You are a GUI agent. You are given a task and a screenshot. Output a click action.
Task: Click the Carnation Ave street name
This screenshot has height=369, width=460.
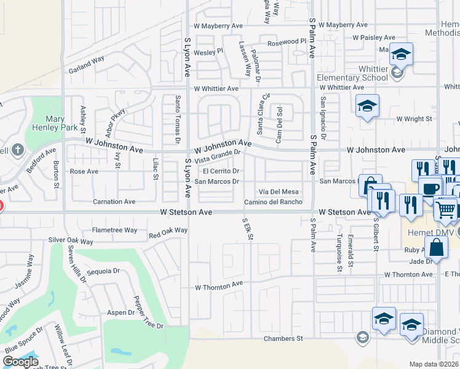point(114,201)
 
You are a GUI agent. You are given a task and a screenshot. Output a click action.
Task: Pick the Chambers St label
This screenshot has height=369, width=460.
point(284,338)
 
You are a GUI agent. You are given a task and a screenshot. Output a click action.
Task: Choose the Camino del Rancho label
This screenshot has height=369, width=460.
point(273,202)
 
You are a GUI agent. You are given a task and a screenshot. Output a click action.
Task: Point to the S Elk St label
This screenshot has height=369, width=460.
point(248,228)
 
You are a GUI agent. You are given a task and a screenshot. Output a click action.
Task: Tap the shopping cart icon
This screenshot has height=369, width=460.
point(445,208)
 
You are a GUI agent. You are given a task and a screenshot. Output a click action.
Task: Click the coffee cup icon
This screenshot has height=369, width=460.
point(430,187)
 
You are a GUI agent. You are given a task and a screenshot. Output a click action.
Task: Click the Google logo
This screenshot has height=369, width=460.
point(20,362)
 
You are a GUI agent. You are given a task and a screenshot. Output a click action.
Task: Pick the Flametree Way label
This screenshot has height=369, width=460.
point(114,230)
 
